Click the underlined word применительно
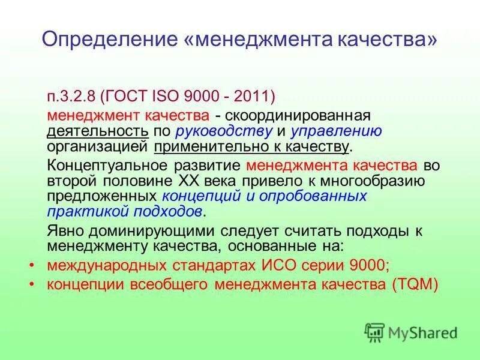[203, 146]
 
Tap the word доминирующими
[136, 230]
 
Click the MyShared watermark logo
[411, 332]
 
